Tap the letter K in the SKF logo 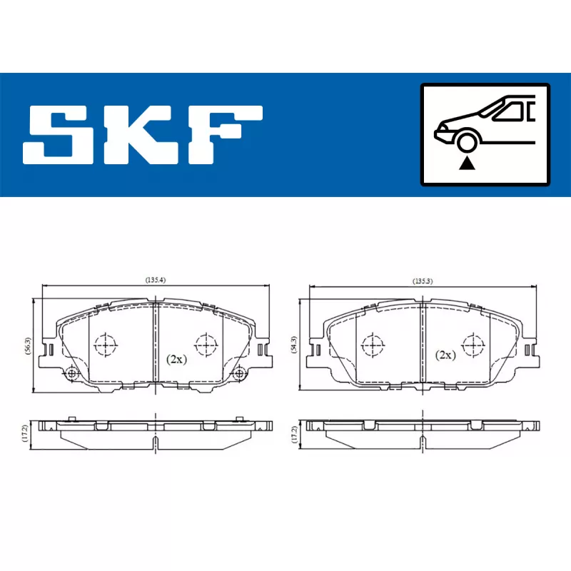pos(141,135)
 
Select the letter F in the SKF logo pos(226,135)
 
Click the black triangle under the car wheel pos(467,163)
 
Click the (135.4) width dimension pos(156,280)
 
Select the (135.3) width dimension pos(423,281)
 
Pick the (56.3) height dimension pos(29,346)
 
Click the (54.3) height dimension pos(294,345)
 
